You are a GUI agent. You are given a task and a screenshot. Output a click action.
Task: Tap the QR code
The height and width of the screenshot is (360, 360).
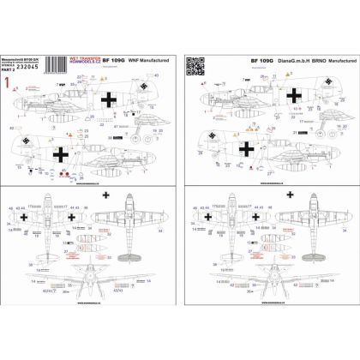coord(195,63)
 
